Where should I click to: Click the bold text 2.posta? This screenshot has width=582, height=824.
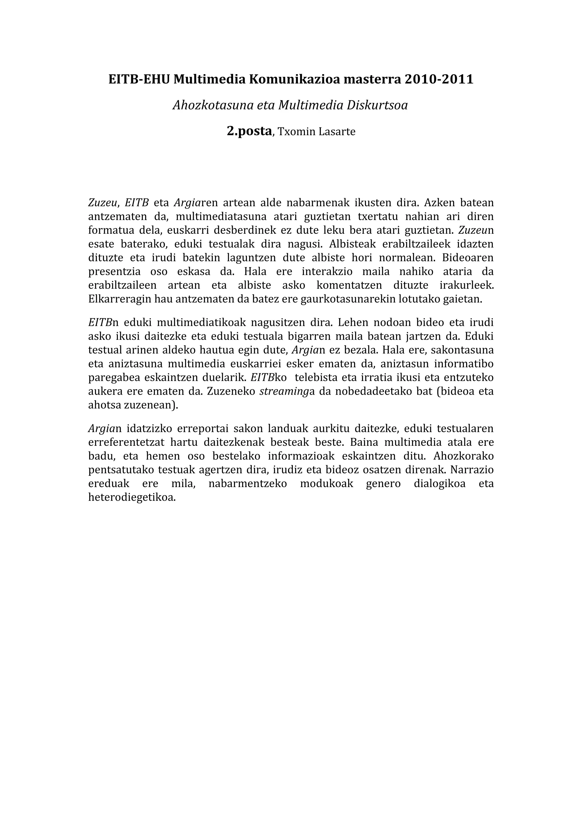click(x=249, y=131)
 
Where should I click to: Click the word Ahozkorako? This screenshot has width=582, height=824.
click(x=463, y=456)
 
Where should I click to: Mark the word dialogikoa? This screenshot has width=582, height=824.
click(x=440, y=484)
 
